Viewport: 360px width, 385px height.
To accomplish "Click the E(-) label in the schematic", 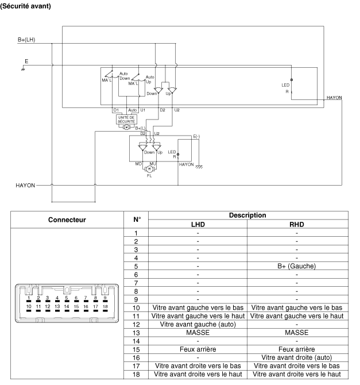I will (x=196, y=136).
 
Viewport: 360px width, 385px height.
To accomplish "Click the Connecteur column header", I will (x=67, y=220).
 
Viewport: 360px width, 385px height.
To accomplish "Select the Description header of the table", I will (x=247, y=215).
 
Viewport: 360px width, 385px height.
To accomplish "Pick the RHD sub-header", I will (x=297, y=224).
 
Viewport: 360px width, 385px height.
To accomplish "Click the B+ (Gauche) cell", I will (x=297, y=266).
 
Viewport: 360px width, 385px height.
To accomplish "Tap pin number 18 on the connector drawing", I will (x=104, y=307).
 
